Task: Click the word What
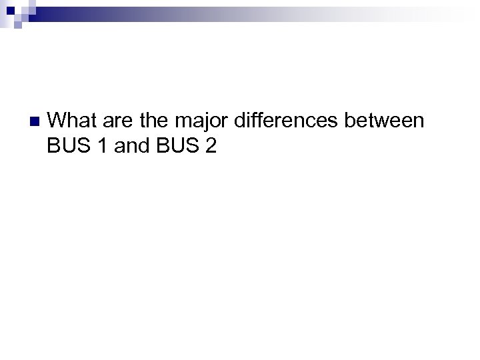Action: pos(73,121)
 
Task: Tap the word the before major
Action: pos(153,121)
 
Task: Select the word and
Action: pos(132,146)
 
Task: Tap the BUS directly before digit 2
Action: pos(176,146)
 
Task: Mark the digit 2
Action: pos(211,146)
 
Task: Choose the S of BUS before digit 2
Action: pos(191,146)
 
